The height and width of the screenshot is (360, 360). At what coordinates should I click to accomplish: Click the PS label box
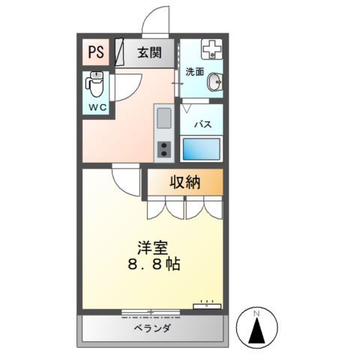pos(95,53)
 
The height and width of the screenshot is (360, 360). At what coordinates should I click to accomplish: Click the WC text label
pos(96,108)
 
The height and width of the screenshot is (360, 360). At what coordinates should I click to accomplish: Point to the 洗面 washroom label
pos(194,72)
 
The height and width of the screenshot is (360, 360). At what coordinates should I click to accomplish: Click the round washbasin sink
pos(214,81)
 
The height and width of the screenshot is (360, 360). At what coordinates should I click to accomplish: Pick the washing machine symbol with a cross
pos(211,49)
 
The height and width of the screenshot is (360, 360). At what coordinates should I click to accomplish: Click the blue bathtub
pos(202,148)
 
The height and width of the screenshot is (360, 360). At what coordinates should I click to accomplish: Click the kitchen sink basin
pos(164,117)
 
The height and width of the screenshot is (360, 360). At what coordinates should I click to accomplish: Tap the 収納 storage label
pos(184,181)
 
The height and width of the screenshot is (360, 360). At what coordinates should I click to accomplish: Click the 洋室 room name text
pos(152,246)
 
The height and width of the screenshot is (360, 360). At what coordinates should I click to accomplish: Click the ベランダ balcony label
pos(153,328)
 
